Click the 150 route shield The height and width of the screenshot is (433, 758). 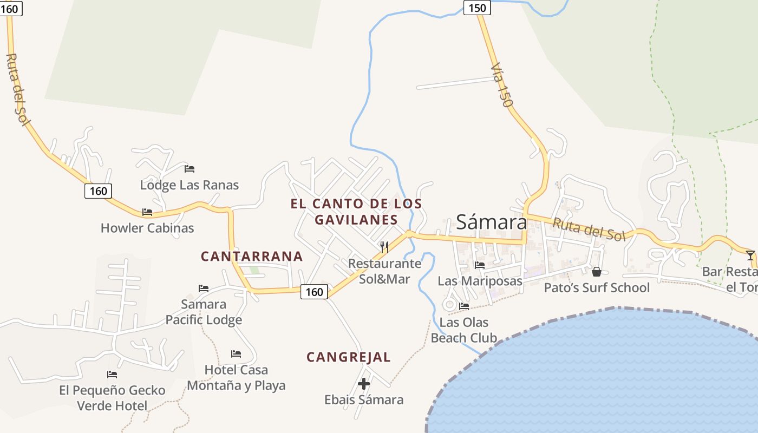(x=477, y=8)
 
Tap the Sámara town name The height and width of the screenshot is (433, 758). (x=491, y=222)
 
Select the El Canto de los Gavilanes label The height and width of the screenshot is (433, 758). (x=356, y=212)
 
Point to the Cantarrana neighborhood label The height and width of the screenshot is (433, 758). (x=252, y=256)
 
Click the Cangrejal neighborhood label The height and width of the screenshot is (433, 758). (x=349, y=357)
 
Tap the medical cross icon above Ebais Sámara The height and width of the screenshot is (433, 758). (x=364, y=384)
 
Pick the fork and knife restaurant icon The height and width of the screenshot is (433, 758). (x=384, y=247)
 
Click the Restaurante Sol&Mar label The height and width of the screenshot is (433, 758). (x=385, y=271)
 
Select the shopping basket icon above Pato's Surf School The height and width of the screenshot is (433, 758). (x=597, y=271)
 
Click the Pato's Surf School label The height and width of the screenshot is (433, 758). (x=597, y=287)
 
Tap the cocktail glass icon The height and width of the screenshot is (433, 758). (x=750, y=255)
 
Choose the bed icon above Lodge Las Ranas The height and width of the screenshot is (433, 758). (x=190, y=169)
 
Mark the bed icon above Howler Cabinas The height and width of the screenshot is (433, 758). (x=147, y=212)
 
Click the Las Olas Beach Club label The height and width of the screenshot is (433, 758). (x=464, y=330)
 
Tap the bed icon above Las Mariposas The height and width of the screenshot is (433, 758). (x=480, y=265)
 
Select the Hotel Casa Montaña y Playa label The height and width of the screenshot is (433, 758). (x=236, y=377)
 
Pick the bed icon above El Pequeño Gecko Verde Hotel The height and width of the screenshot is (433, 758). (x=112, y=374)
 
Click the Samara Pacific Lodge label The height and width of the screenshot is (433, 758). (x=204, y=312)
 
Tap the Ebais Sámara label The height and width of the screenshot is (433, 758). (x=364, y=400)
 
